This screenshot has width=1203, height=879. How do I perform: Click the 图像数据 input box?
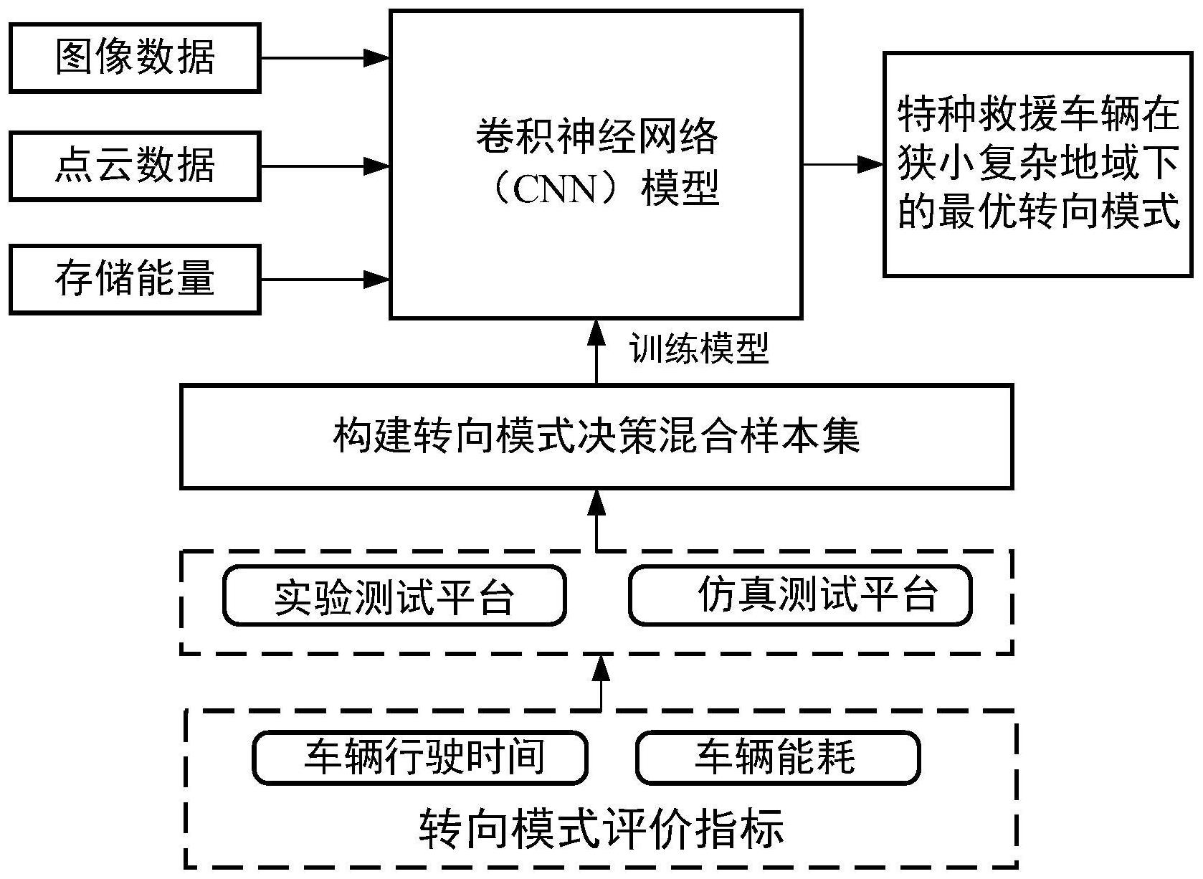click(135, 57)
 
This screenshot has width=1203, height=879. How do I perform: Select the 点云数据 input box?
click(135, 166)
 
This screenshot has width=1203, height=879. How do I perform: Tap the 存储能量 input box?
click(135, 279)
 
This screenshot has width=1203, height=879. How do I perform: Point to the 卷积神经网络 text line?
click(596, 136)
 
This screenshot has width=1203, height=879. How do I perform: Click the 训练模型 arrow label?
click(699, 349)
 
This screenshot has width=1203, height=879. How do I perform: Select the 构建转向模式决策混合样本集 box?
click(596, 437)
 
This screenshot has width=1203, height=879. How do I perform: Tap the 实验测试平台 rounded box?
click(394, 596)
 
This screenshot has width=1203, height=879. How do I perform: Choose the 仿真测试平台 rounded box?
click(800, 595)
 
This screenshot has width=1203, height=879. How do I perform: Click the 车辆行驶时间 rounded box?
click(420, 757)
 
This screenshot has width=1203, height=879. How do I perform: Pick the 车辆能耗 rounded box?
click(778, 757)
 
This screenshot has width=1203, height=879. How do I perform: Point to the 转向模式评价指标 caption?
click(601, 829)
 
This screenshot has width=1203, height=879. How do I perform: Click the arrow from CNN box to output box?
click(842, 164)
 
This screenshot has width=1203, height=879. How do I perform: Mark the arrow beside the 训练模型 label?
click(596, 351)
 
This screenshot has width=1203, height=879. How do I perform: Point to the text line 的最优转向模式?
click(1038, 213)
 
